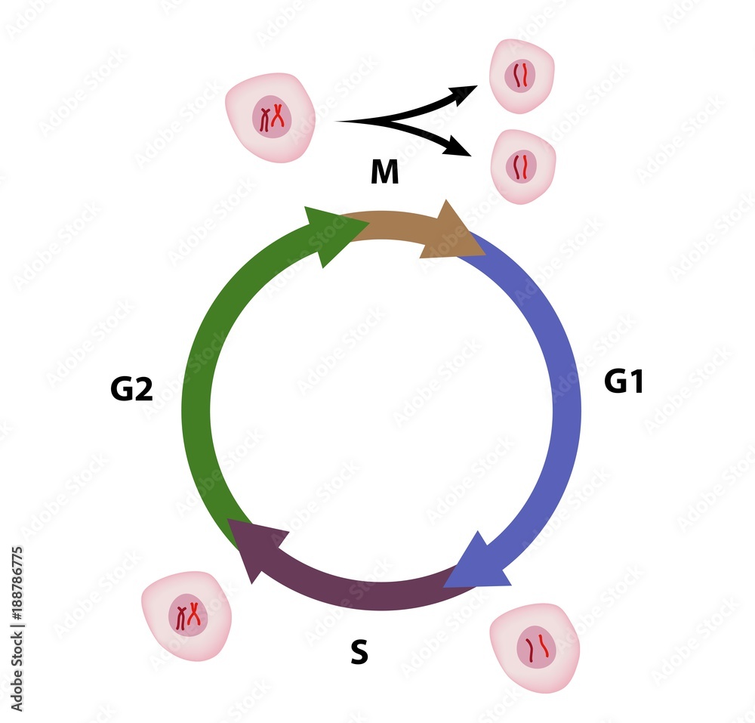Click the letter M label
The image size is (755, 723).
click(384, 173)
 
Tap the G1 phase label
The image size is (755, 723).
click(624, 382)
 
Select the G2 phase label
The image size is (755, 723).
click(131, 389)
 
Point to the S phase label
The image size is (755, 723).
click(359, 653)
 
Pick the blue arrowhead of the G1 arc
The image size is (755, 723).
click(476, 564)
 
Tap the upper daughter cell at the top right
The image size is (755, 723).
click(522, 76)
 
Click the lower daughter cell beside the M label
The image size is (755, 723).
click(522, 166)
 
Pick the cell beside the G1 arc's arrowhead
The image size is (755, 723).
click(535, 647)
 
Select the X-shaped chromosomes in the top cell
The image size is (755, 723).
click(273, 117)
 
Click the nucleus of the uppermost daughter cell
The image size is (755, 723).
click(522, 76)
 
